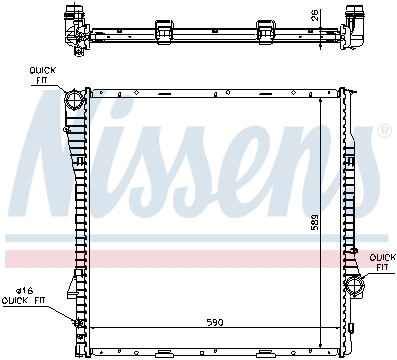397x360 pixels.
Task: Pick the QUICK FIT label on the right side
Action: pyautogui.click(x=382, y=261)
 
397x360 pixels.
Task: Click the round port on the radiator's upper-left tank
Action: pyautogui.click(x=73, y=100)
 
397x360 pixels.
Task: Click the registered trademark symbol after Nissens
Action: pyautogui.click(x=383, y=132)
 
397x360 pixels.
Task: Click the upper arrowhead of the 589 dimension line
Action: pyautogui.click(x=320, y=101)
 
